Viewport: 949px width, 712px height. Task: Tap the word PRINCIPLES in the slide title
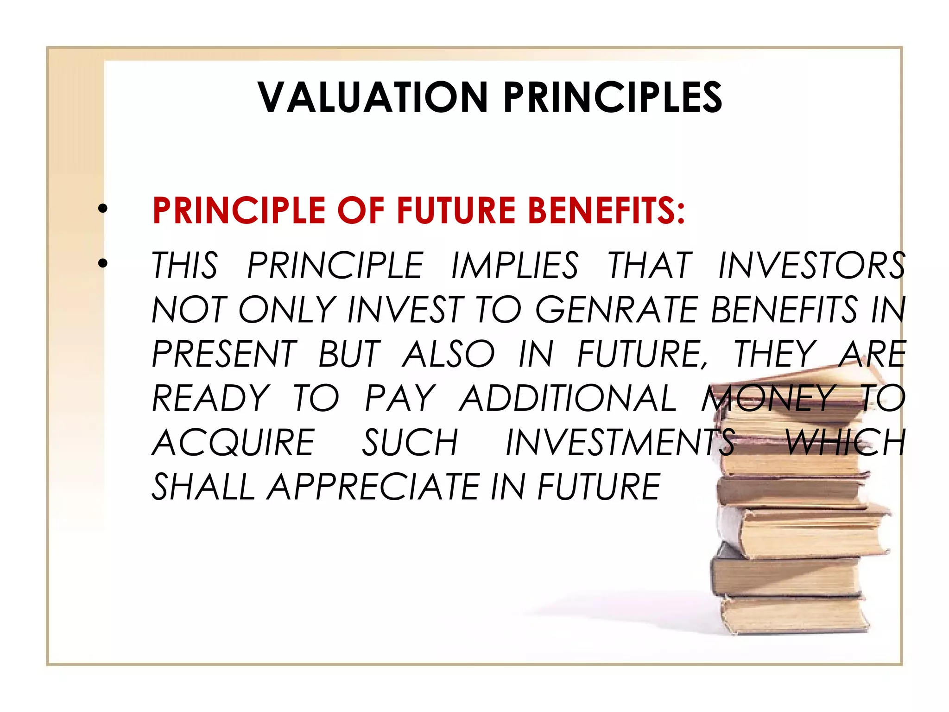(613, 97)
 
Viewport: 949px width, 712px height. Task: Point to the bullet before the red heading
(102, 210)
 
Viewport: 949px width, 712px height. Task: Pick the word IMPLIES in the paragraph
(514, 266)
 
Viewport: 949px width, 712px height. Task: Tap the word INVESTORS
(811, 266)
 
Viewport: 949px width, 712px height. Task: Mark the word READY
(211, 398)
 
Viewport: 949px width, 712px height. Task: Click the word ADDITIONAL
(568, 398)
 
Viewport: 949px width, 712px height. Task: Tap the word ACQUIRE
(234, 443)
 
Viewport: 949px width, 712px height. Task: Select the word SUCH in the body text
(410, 443)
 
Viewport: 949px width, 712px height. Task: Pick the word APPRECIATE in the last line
(373, 487)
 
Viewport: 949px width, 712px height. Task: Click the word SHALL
(203, 487)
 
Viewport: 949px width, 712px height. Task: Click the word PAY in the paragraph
(399, 398)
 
